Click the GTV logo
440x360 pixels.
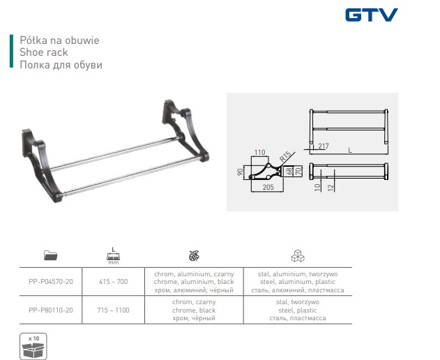click(x=372, y=15)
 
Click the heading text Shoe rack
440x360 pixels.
click(x=44, y=52)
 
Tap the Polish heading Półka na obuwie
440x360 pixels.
click(x=59, y=40)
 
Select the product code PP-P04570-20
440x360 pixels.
click(x=51, y=282)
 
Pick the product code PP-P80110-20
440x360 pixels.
click(x=51, y=310)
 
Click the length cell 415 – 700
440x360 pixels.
click(x=114, y=282)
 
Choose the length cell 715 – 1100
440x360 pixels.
click(x=114, y=310)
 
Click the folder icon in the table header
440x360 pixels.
click(x=50, y=255)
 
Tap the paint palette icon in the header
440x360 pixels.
click(x=194, y=255)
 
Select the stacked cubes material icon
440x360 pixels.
click(x=298, y=255)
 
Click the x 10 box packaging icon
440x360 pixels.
click(x=33, y=347)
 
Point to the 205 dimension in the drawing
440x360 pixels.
click(x=268, y=187)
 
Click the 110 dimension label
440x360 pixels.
click(x=259, y=153)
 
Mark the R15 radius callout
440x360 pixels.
click(x=285, y=156)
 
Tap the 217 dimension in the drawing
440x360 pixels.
click(x=324, y=146)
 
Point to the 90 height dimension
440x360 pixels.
click(x=240, y=172)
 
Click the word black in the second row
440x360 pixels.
click(x=207, y=310)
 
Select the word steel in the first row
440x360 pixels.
click(x=268, y=282)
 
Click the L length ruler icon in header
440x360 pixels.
click(x=114, y=255)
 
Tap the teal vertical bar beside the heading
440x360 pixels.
click(x=11, y=51)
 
